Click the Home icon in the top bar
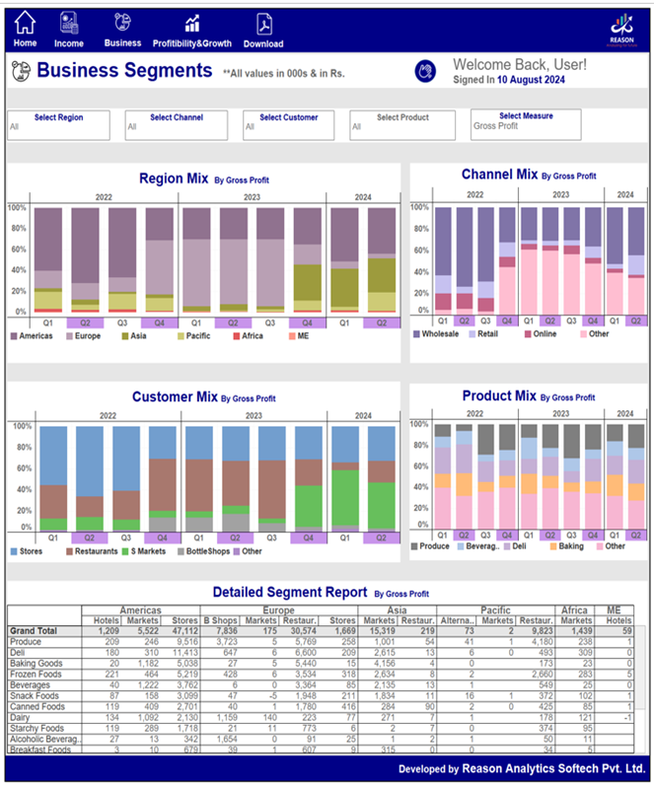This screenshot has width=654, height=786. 25,23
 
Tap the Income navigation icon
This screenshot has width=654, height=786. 69,23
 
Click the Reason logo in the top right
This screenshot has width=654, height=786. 620,29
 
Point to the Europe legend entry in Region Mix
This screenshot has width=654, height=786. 83,336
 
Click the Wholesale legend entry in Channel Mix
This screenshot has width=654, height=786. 440,334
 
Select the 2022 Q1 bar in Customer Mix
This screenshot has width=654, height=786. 53,479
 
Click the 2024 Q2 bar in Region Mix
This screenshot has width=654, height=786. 382,260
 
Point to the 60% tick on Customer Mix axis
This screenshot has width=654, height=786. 21,468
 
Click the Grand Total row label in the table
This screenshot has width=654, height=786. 36,630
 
